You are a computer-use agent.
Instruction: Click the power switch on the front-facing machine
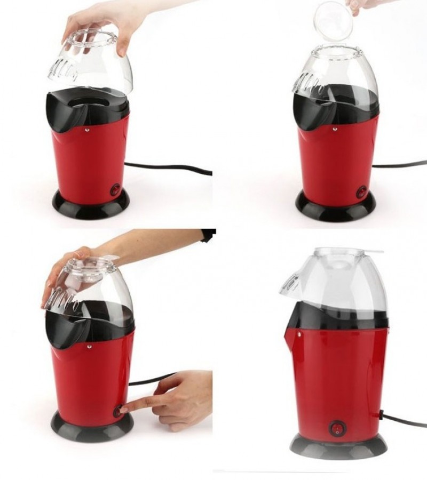pos(336,428)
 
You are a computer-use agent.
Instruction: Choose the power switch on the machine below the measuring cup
pos(361,191)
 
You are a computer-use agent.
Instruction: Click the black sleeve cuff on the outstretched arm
pos(209,235)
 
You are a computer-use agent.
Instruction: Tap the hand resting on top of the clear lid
pos(69,267)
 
